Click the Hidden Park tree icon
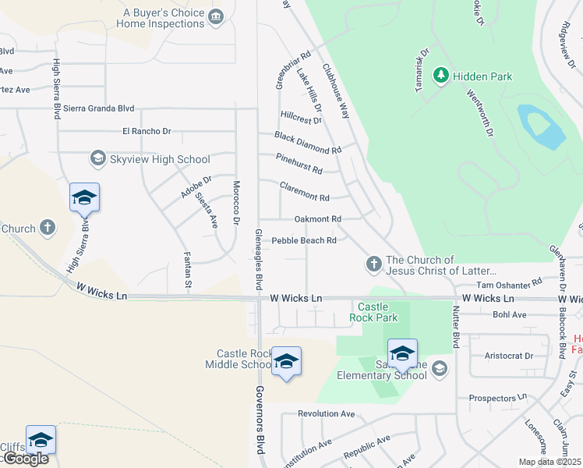[x=441, y=76]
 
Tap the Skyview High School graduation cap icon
[x=97, y=159]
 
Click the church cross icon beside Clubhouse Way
[x=373, y=265]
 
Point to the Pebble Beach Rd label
[x=304, y=240]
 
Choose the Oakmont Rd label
[x=318, y=219]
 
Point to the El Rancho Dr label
[x=147, y=131]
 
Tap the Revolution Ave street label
[x=327, y=413]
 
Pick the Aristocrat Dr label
[x=508, y=356]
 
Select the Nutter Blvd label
[x=454, y=328]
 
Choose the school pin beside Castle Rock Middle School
[x=287, y=361]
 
